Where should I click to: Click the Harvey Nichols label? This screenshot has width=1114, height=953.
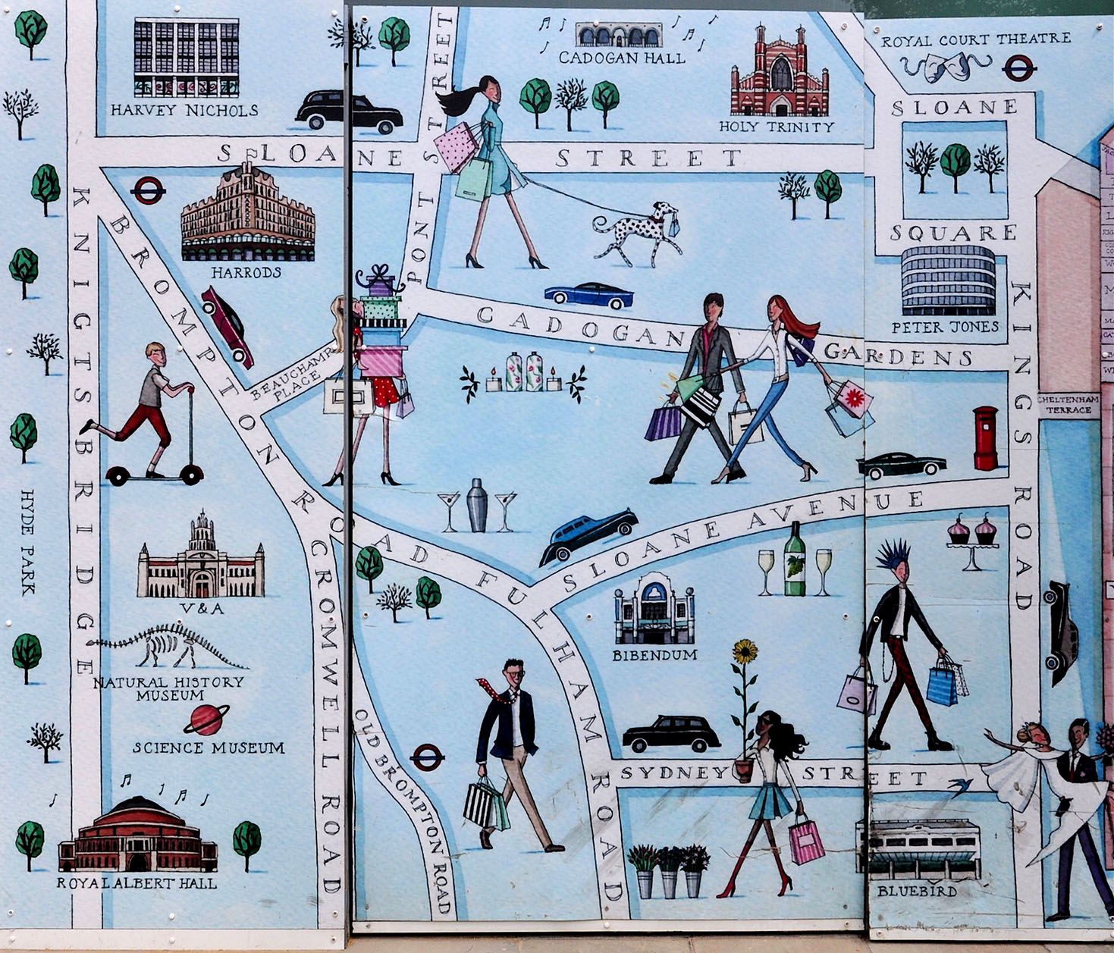coord(184,111)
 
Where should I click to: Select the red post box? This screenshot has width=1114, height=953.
coord(985,438)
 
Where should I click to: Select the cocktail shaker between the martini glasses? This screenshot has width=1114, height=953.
coord(477,505)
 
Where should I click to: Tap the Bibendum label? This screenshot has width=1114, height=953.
coord(654,655)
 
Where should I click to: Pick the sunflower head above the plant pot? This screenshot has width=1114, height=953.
coord(745,650)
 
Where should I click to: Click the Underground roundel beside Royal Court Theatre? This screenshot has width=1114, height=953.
coord(1018,69)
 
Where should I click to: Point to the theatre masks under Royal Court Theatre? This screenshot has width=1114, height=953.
coord(945,67)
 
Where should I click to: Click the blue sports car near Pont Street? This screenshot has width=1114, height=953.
coord(589,295)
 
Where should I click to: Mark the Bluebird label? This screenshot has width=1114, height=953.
coord(917,892)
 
